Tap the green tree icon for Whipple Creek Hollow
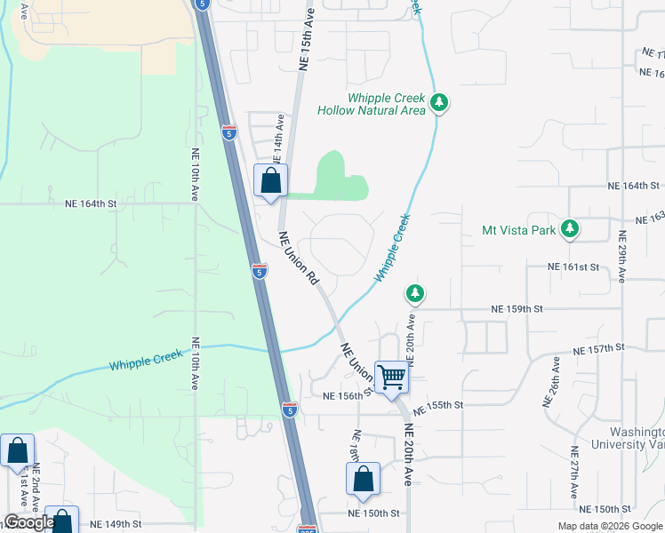click(438, 103)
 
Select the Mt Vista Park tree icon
click(570, 229)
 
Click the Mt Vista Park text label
click(519, 230)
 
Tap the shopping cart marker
click(391, 378)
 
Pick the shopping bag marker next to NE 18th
click(363, 480)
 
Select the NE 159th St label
click(517, 309)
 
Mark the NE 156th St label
click(345, 396)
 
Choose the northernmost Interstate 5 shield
click(229, 133)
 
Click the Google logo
click(28, 522)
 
